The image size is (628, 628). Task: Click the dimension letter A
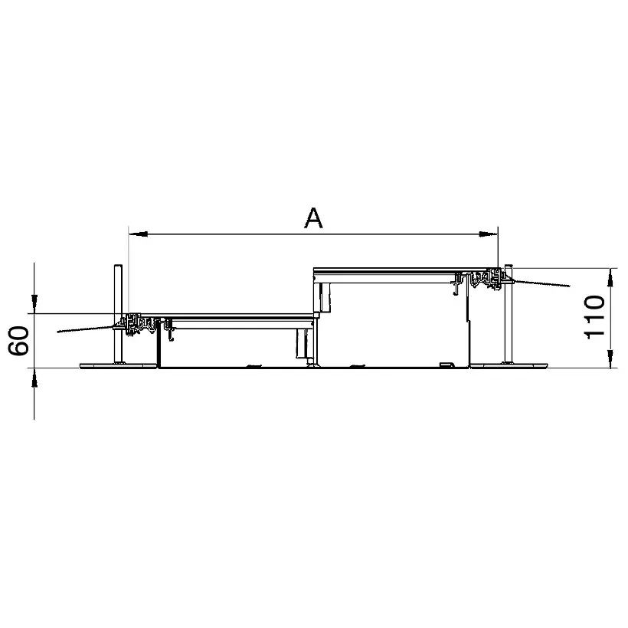pos(313,218)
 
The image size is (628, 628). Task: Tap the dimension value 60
pos(19,341)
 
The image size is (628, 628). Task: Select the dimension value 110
pos(594,317)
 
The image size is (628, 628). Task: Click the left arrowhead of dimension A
pos(138,234)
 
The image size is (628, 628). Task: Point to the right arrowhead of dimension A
pos(488,234)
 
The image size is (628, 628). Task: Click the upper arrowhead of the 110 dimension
pos(610,278)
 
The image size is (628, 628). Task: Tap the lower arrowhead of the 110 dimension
pos(610,358)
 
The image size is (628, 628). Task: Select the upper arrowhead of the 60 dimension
pos(34,304)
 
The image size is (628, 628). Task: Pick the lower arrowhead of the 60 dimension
pos(34,378)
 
